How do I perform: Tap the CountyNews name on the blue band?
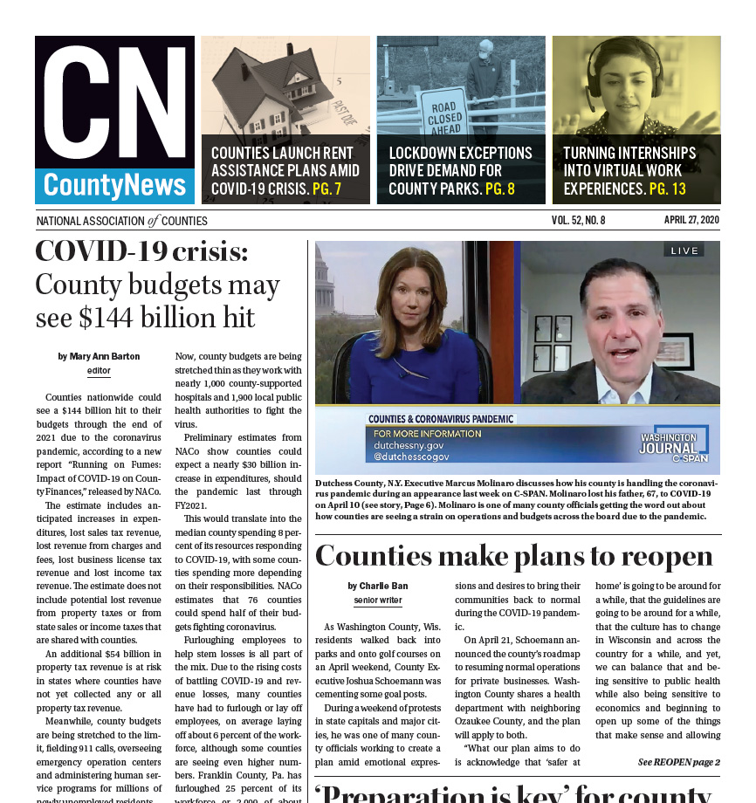(115, 185)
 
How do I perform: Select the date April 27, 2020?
(691, 220)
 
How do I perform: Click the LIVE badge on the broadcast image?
(684, 251)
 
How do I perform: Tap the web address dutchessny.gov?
(409, 444)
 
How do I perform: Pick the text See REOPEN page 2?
(678, 762)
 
